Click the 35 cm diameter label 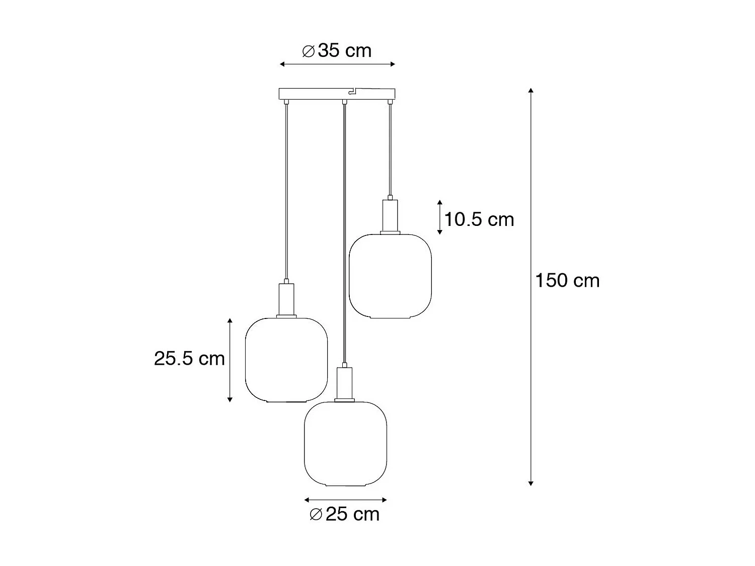pos(337,51)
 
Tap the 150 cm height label pos(567,281)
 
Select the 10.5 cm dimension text pos(479,219)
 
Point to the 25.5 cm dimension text pos(189,359)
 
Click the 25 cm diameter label pos(345,514)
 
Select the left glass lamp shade pos(286,360)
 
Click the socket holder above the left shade pos(286,300)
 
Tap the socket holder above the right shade pos(390,216)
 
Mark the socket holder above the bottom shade pos(345,384)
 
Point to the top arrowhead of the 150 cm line pos(531,91)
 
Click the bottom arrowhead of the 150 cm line pos(531,483)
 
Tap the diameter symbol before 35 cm pos(308,51)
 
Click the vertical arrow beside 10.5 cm pos(439,217)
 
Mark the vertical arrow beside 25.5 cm pos(230,360)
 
